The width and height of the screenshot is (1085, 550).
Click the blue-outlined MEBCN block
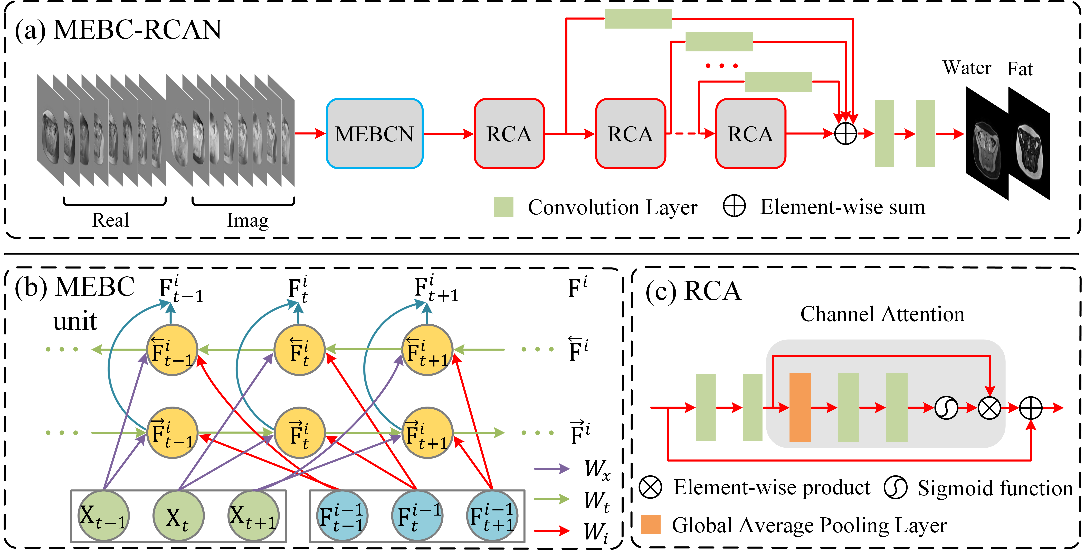pyautogui.click(x=374, y=134)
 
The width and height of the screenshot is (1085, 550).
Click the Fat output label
pyautogui.click(x=1020, y=69)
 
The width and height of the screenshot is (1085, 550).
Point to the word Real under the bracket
pyautogui.click(x=110, y=220)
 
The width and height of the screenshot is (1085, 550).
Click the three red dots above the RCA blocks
pyautogui.click(x=721, y=66)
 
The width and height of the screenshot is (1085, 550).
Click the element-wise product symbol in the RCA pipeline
pyautogui.click(x=989, y=408)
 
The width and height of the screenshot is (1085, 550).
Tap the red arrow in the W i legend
pyautogui.click(x=552, y=530)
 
